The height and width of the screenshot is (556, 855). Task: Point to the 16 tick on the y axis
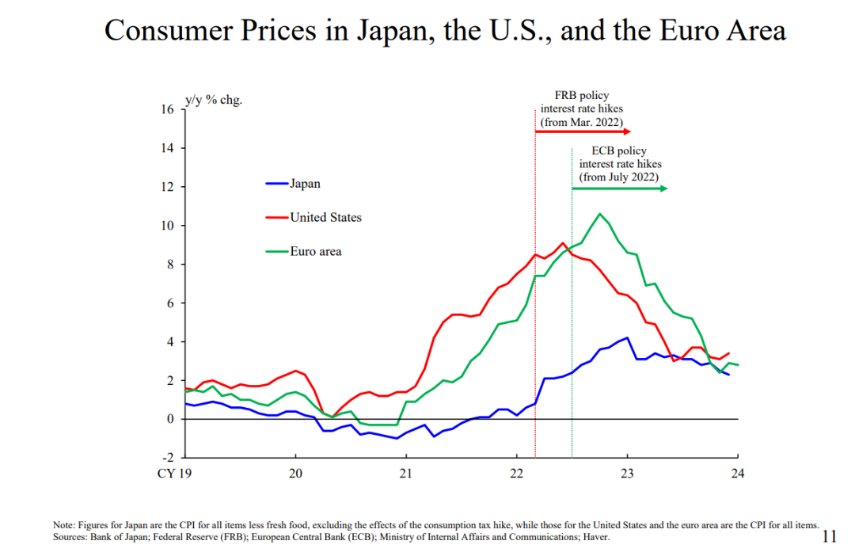tap(167, 109)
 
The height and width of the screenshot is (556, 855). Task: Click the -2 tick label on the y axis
tap(167, 458)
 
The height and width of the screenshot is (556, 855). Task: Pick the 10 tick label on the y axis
tap(167, 226)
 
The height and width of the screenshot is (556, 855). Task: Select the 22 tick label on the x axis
tap(516, 474)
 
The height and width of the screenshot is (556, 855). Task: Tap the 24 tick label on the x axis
tap(738, 474)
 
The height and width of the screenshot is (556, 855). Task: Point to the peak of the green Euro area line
tap(599, 214)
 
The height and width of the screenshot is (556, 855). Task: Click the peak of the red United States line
tap(562, 243)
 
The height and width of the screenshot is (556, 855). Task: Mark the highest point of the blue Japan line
tap(628, 337)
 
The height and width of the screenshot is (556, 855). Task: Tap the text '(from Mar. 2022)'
tap(582, 123)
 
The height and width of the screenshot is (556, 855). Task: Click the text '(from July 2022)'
tap(619, 177)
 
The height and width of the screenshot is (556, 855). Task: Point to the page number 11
tap(829, 536)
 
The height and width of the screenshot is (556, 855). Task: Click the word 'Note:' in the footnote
tap(63, 525)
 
